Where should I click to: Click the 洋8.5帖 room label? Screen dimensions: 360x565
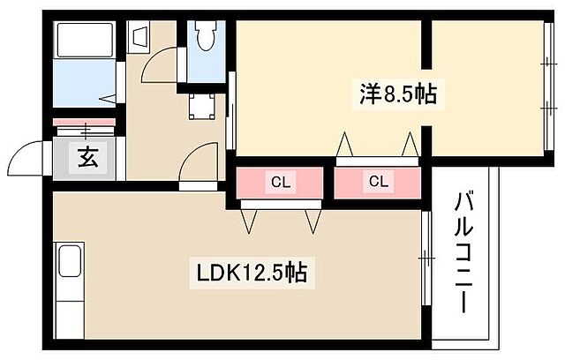tap(397, 94)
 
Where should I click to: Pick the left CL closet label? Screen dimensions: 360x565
tap(281, 183)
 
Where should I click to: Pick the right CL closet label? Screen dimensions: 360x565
tap(379, 183)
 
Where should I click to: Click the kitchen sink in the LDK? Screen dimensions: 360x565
tap(69, 262)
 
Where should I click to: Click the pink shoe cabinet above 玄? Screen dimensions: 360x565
tap(84, 121)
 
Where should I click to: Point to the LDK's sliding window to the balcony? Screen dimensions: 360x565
tap(425, 259)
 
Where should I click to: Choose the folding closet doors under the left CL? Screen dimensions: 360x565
tap(281, 215)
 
